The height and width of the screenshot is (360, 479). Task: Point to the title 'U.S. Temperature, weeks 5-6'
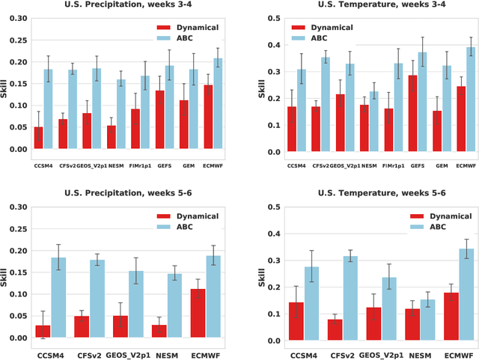[x=362, y=193]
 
